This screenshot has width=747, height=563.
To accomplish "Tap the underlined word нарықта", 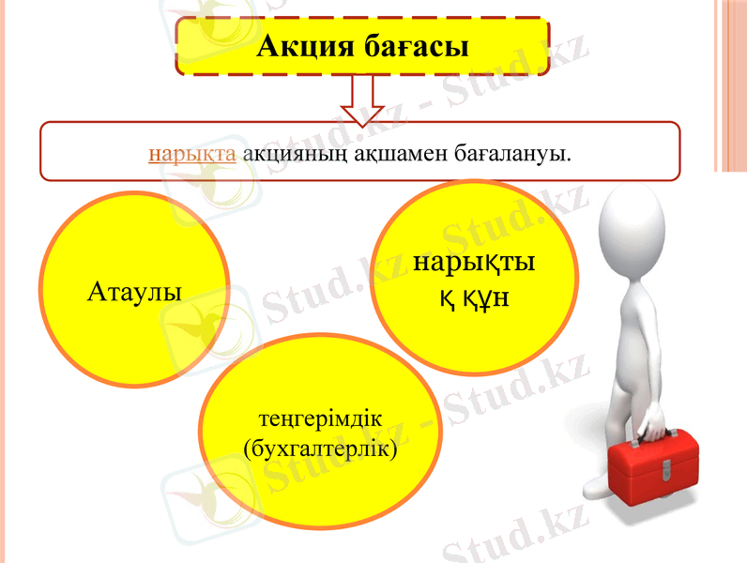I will [x=191, y=152].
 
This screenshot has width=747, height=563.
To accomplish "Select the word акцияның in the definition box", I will [x=285, y=152].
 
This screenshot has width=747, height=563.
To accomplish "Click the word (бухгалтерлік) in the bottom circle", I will [x=319, y=449].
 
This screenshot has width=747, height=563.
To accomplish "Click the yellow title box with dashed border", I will [x=362, y=45].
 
